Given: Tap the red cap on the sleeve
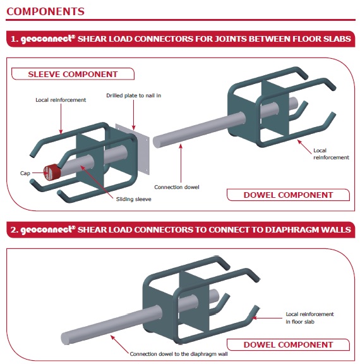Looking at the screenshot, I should (x=50, y=171).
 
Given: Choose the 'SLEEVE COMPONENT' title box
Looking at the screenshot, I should (x=73, y=74).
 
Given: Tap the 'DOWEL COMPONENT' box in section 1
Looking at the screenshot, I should (x=288, y=195).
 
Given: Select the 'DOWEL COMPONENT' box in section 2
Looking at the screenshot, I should (x=288, y=344).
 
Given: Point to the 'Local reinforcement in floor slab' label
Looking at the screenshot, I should (x=309, y=317).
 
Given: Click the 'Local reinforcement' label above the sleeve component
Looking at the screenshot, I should (x=60, y=100).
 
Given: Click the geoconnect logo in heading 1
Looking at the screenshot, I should (x=45, y=39).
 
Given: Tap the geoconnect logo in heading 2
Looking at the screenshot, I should (x=45, y=229).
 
